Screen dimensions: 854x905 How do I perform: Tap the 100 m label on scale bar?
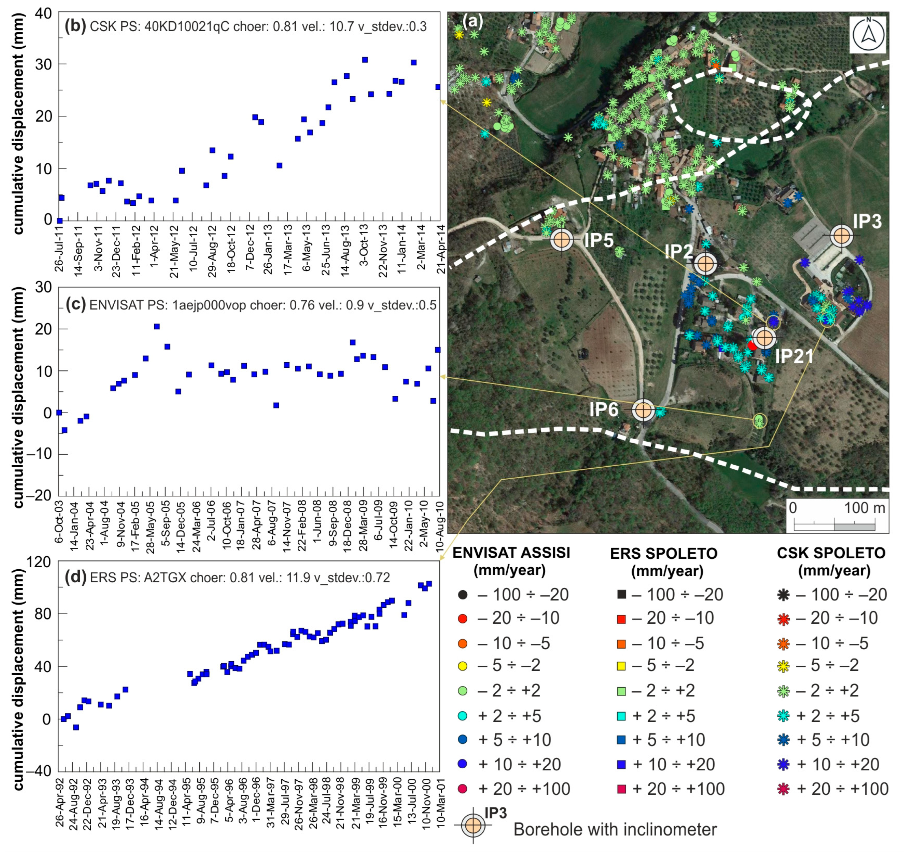[865, 508]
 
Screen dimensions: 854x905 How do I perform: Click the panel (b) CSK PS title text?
[246, 27]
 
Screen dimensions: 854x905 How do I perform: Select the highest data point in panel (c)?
[157, 326]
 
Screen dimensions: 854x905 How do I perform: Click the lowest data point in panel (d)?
[76, 727]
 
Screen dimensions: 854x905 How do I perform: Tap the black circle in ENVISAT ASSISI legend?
[462, 594]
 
